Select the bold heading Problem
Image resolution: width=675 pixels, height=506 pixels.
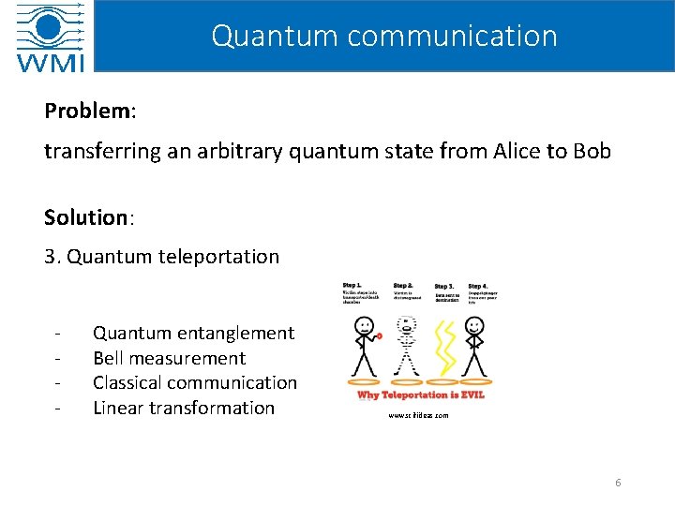click(87, 112)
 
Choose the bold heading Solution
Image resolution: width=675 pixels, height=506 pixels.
click(85, 218)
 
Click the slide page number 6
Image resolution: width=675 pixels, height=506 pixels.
click(618, 483)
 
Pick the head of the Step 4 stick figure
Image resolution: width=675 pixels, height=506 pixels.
click(475, 325)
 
